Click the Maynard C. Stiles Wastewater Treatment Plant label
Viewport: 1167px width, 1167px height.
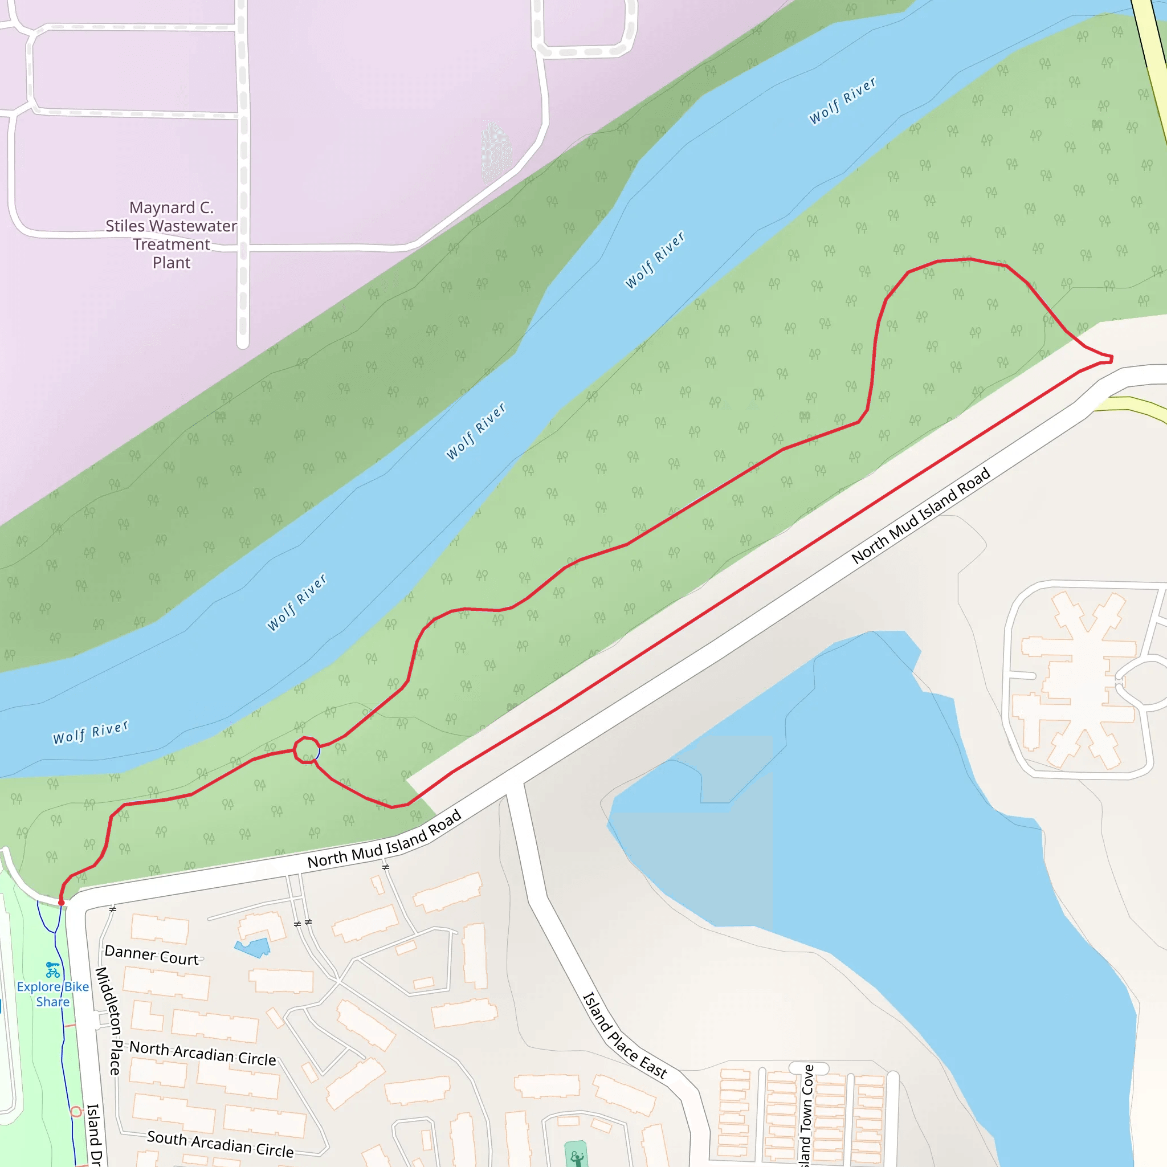172,235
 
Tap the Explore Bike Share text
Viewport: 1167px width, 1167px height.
52,994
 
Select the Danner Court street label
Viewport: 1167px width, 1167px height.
151,955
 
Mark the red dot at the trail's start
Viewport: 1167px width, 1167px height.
61,903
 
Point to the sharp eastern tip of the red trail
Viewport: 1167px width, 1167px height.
1111,360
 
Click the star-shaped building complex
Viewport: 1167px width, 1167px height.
1078,680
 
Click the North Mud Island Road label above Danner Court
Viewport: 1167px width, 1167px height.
384,839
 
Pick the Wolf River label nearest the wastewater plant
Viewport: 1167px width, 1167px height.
655,260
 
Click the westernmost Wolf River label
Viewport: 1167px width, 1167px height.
91,732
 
